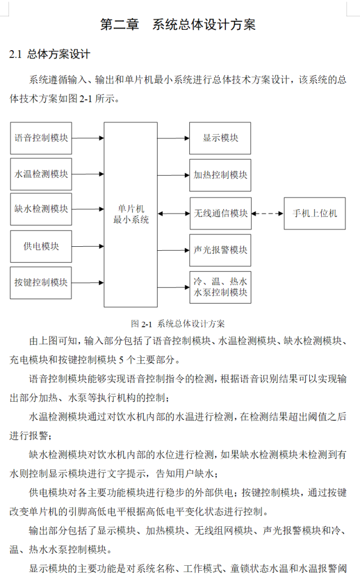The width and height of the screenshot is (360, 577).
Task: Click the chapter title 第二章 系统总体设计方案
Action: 177,25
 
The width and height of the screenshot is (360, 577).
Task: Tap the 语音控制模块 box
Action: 41,138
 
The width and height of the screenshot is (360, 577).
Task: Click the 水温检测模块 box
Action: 41,174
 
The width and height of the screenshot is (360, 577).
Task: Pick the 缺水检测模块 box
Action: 41,209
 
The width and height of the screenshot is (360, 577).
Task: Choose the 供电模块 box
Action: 41,246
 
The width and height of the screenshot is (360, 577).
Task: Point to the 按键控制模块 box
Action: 41,282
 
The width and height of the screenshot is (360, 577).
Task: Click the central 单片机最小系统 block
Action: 131,214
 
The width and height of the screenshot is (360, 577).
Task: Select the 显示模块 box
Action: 220,138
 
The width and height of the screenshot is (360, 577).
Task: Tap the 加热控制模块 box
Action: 220,175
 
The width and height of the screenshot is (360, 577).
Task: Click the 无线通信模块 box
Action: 220,214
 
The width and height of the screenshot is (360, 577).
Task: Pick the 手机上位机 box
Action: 314,214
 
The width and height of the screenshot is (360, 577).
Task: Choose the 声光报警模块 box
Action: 220,250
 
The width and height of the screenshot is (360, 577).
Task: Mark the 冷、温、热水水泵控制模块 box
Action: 220,287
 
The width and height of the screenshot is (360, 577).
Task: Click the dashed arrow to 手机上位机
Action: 267,214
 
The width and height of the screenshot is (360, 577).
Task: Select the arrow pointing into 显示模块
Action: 173,138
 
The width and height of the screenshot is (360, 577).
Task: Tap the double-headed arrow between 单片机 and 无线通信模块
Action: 173,214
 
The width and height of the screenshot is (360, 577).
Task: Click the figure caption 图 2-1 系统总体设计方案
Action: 177,323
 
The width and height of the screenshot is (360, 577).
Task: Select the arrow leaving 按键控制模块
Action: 88,282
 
